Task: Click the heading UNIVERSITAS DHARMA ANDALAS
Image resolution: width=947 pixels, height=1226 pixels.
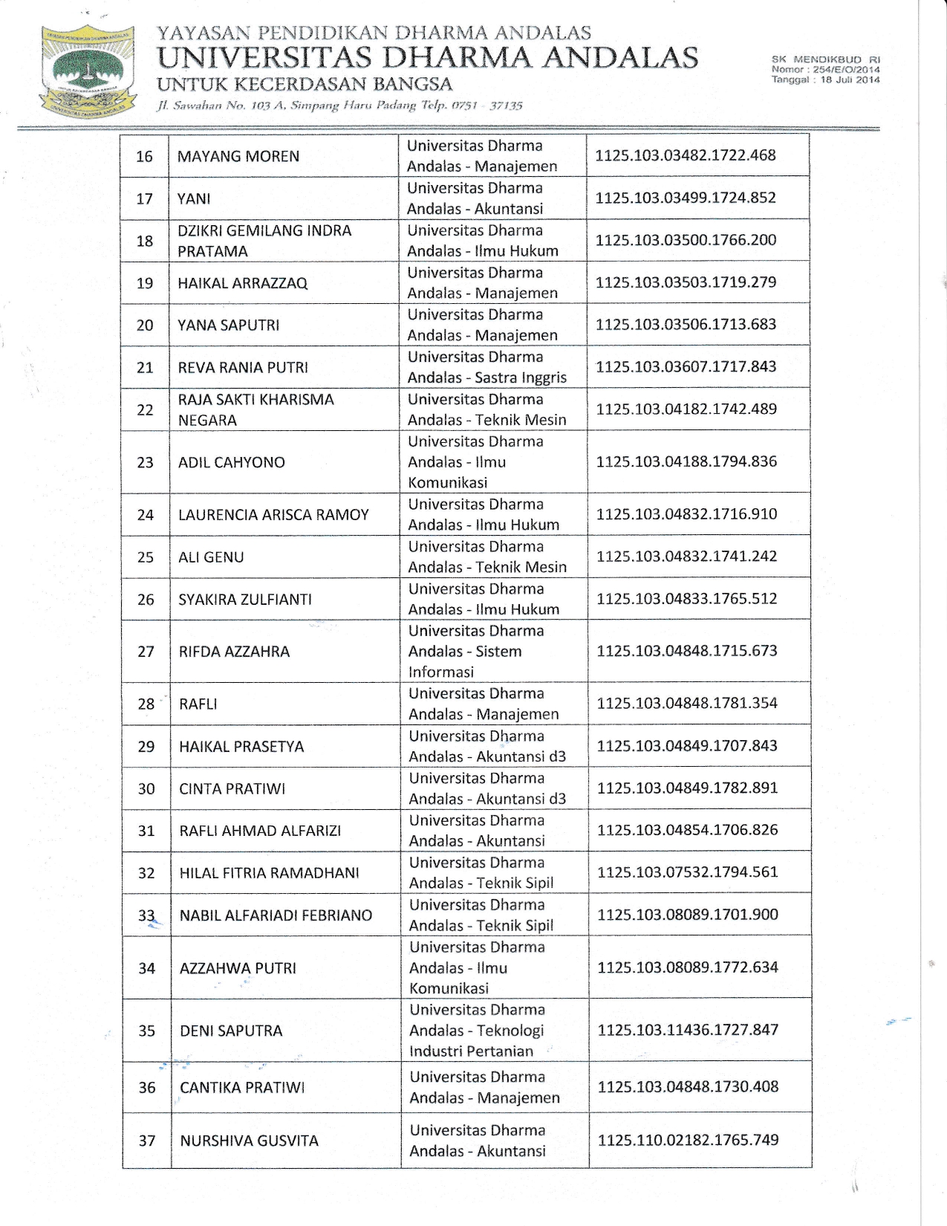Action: [428, 57]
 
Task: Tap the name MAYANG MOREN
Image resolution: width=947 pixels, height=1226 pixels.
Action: [238, 156]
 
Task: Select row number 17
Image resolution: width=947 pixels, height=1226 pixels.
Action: [144, 198]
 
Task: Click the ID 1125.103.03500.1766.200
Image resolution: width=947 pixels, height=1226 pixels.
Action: [686, 240]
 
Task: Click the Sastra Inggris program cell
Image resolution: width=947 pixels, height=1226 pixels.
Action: [486, 367]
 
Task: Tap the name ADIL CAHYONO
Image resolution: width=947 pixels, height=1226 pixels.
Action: [231, 462]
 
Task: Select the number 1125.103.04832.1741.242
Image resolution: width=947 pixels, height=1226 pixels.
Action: [686, 556]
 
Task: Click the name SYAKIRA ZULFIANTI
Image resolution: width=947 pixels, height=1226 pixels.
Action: [245, 599]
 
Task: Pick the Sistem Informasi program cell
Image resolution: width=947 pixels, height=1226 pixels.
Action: [476, 651]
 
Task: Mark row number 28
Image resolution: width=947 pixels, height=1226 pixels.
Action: [146, 704]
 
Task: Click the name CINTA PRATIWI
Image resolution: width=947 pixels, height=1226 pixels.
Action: [232, 788]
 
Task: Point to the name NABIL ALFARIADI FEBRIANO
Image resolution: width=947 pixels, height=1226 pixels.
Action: [276, 915]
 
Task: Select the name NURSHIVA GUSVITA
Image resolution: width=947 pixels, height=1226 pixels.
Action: [249, 1141]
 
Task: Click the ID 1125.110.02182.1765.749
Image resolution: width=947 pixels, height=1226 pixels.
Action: [688, 1140]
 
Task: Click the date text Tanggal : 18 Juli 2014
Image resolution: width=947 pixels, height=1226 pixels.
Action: [825, 80]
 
